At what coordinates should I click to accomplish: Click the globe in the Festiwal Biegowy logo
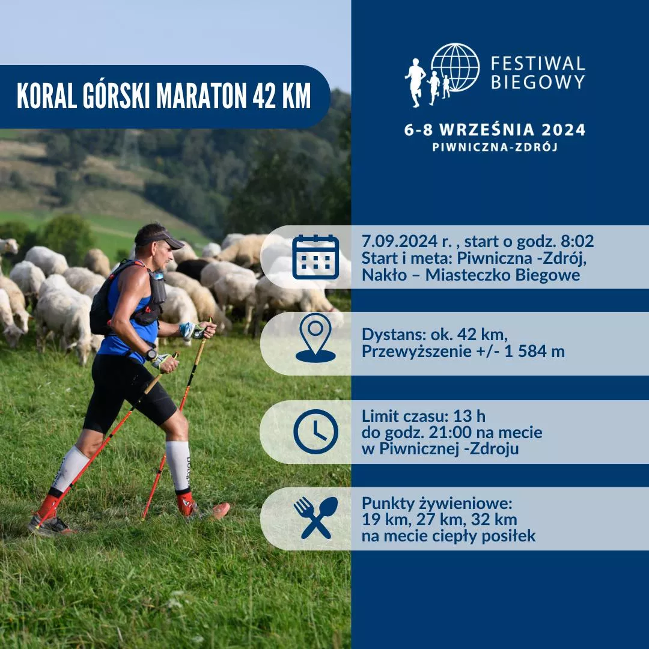(x=455, y=67)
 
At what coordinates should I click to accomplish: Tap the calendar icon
(x=315, y=257)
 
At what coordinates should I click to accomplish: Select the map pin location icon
(x=315, y=338)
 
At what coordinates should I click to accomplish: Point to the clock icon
(x=315, y=431)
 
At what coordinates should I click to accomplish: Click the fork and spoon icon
(x=315, y=518)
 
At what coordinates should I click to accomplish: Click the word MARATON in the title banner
(x=201, y=96)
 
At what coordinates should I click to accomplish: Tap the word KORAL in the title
(x=47, y=96)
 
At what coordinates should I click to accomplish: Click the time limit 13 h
(x=469, y=416)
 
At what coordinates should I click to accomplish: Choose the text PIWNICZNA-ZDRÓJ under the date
(x=495, y=147)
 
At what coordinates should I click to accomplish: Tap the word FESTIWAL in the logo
(x=538, y=64)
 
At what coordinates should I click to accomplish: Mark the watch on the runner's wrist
(x=151, y=355)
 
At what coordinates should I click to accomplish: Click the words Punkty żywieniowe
(x=437, y=504)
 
